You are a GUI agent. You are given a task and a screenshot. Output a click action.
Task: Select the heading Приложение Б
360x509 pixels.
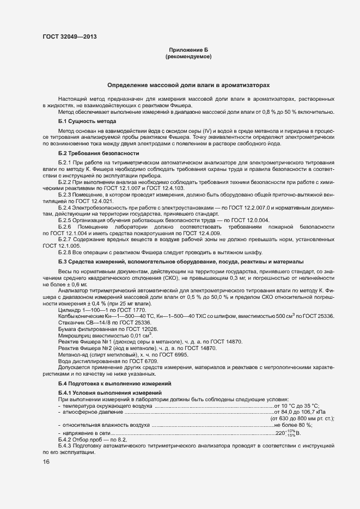coord(188,50)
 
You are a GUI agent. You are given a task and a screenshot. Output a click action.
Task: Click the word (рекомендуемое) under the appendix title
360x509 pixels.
coord(188,56)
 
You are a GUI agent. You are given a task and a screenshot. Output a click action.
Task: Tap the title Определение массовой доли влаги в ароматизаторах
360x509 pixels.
coord(188,85)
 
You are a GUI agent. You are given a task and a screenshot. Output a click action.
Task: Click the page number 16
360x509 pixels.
coord(46,462)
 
